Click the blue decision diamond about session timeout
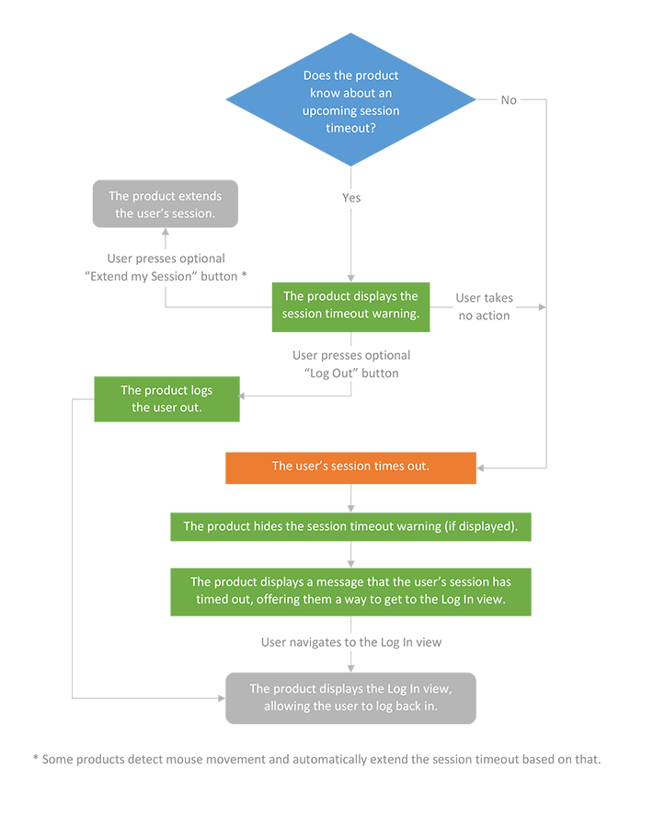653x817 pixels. point(350,100)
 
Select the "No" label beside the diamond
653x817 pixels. point(509,100)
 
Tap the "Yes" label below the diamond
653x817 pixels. point(350,198)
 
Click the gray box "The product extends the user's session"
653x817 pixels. point(166,204)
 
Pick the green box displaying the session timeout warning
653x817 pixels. point(350,305)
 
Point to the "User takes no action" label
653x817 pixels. point(485,306)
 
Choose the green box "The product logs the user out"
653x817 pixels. point(166,398)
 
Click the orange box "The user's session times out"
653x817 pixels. point(350,466)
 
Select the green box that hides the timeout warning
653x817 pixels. point(350,526)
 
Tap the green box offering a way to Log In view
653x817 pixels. point(350,591)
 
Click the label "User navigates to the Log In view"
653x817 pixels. point(350,642)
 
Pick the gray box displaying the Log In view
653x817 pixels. point(350,697)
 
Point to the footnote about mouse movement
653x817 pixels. point(316,759)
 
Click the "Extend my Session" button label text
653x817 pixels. point(166,276)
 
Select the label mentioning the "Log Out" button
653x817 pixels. point(351,363)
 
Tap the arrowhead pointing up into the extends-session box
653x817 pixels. point(166,234)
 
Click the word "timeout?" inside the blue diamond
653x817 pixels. point(350,128)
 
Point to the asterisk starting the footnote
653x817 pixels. point(36,759)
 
